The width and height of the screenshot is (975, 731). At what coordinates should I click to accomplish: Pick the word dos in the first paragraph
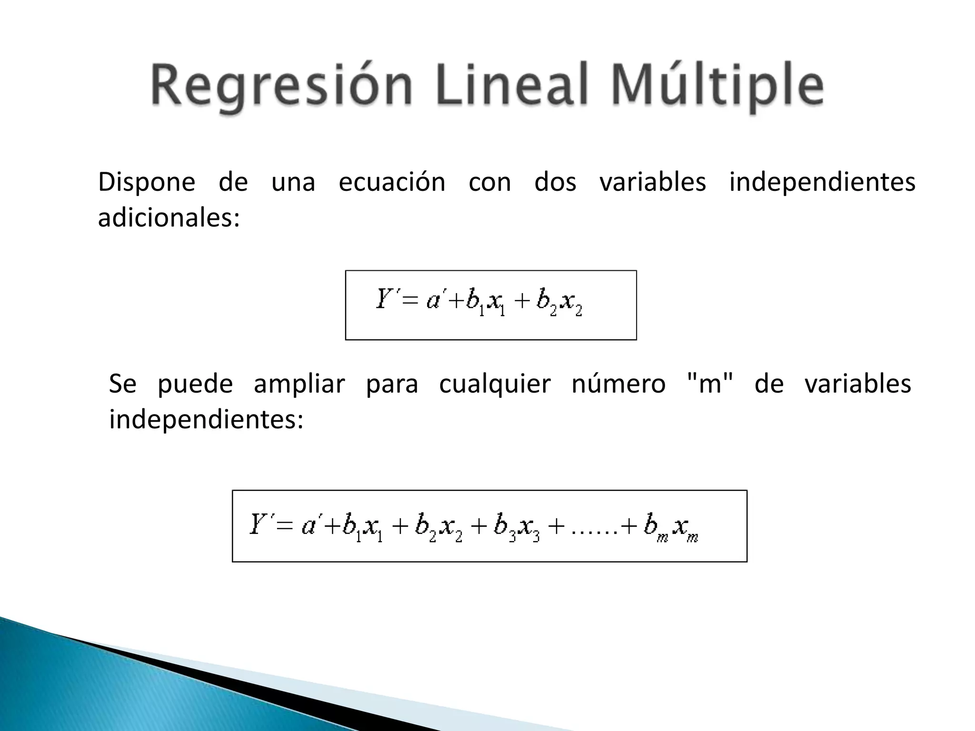pyautogui.click(x=555, y=182)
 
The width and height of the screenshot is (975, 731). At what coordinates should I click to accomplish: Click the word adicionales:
pyautogui.click(x=169, y=218)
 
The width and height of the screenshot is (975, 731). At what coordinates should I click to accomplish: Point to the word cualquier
pyautogui.click(x=495, y=384)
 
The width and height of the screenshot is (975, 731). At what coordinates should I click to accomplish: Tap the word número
pyautogui.click(x=618, y=384)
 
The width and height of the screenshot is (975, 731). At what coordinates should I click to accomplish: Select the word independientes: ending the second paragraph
pyautogui.click(x=206, y=420)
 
